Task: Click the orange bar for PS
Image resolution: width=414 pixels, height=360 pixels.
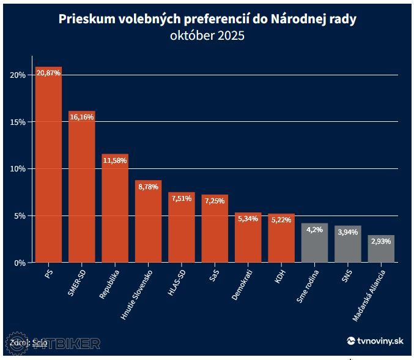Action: click(x=48, y=165)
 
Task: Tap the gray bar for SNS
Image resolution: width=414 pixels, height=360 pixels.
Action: click(x=347, y=245)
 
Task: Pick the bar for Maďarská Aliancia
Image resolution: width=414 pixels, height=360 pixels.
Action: click(x=381, y=249)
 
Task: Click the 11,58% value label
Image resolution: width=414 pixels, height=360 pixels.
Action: click(x=115, y=161)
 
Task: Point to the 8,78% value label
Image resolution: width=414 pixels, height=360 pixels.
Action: click(x=148, y=187)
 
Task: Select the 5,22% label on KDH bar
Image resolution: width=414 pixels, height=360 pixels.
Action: click(x=281, y=220)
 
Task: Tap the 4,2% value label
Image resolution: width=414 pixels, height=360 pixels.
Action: click(x=314, y=230)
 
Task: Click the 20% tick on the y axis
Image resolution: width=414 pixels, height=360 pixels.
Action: click(x=17, y=75)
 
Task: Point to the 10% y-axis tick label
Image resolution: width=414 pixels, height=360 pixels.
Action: click(x=17, y=168)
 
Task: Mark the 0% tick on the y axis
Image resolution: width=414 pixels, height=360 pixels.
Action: click(x=19, y=262)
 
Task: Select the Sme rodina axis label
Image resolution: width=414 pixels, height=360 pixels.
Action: click(x=306, y=285)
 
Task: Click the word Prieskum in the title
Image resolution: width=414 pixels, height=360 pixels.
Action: click(x=84, y=19)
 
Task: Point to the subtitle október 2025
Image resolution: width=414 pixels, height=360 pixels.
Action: click(x=207, y=36)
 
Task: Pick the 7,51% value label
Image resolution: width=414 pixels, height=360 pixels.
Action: click(x=182, y=199)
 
